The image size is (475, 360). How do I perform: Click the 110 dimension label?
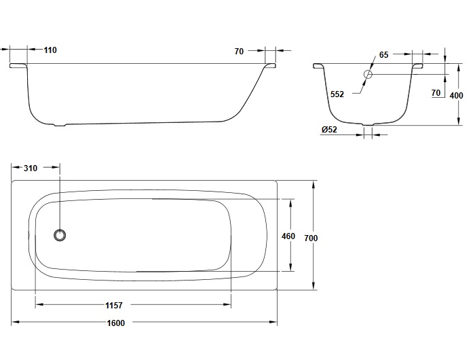click(x=50, y=50)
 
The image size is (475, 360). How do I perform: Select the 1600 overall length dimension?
click(x=116, y=323)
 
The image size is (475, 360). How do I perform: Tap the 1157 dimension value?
click(x=114, y=305)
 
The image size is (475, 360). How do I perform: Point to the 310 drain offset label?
click(x=31, y=168)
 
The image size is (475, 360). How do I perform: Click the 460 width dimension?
click(x=288, y=236)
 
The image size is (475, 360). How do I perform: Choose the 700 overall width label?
click(x=311, y=238)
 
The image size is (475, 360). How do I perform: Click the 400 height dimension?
click(x=456, y=96)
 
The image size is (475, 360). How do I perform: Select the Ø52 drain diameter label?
click(x=329, y=130)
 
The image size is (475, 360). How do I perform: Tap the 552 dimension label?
click(x=337, y=94)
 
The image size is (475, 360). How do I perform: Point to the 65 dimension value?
click(x=384, y=55)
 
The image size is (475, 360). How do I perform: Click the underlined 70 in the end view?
click(x=436, y=93)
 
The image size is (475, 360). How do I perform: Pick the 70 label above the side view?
click(x=239, y=52)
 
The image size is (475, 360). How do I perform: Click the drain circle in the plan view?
click(x=60, y=235)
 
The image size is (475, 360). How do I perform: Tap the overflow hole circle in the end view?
click(x=368, y=74)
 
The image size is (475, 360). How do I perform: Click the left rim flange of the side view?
click(x=18, y=65)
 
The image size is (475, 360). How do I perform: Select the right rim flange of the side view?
click(x=271, y=65)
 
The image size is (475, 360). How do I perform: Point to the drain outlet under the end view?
click(x=368, y=124)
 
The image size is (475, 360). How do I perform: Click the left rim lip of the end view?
click(x=319, y=65)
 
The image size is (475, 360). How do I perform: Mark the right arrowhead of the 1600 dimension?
click(x=273, y=322)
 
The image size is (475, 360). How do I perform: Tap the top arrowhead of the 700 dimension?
click(x=313, y=185)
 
